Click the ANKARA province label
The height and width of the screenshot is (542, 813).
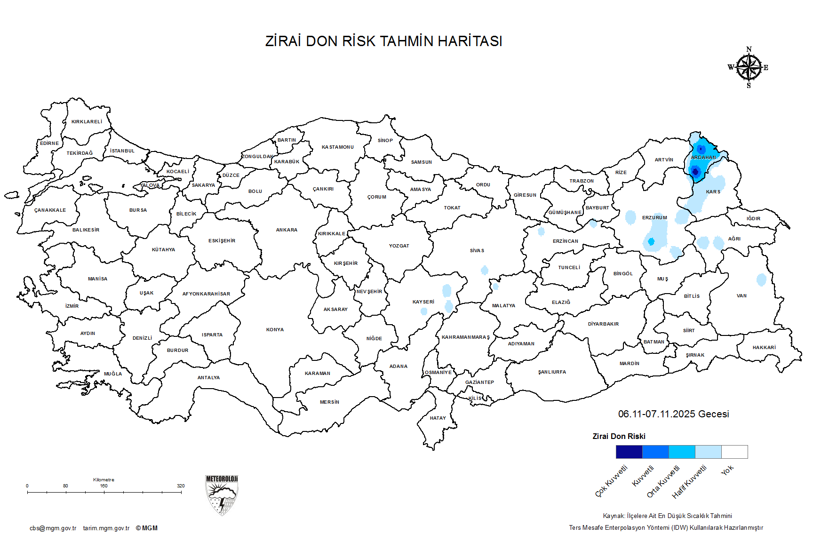point(287,230)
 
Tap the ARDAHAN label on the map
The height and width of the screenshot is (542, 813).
point(703,158)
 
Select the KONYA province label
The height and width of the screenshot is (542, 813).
point(275,330)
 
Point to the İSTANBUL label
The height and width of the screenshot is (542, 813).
point(122,151)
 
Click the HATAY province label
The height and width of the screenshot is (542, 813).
point(438,418)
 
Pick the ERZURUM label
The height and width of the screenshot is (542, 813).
point(654,218)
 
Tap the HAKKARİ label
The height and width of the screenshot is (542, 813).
point(764,348)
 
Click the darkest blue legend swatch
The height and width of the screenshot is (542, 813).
point(629,452)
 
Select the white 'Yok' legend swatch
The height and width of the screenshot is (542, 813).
point(734,452)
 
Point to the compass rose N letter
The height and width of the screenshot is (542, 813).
point(749,49)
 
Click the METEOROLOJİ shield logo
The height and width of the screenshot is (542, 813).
point(222,495)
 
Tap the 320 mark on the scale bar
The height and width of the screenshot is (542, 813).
point(181,486)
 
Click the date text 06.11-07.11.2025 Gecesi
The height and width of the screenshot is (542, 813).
point(673,414)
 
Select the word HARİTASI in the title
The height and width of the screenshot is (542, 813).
point(470,41)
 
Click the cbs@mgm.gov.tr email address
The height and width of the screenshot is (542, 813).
point(53,528)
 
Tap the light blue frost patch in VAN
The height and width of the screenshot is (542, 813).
point(761,280)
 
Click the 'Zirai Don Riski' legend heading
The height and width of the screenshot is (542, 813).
point(619,437)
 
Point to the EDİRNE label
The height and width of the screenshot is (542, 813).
point(49,143)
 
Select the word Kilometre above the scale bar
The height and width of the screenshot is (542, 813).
point(104,480)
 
